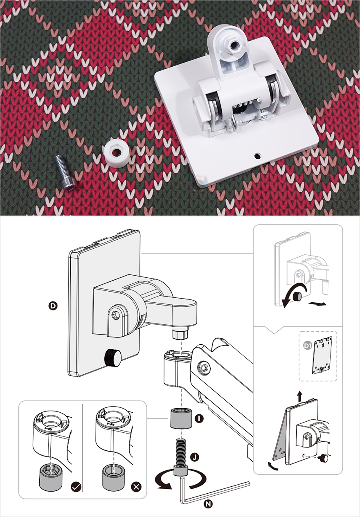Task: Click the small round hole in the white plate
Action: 257,156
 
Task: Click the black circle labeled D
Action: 53,306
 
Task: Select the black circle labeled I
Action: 199,418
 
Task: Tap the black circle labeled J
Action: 195,457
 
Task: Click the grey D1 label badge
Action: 308,346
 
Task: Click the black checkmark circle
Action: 76,487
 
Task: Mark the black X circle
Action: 136,487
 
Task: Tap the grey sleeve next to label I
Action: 181,418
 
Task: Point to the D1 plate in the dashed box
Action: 322,355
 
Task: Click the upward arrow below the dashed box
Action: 299,396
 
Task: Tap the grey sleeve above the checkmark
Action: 51,477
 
